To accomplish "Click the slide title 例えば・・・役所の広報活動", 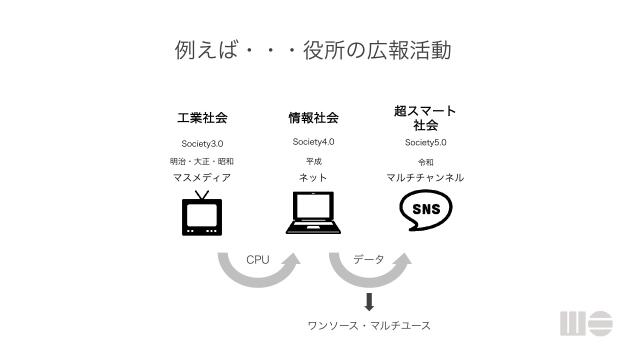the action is point(313,49).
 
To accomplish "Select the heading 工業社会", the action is point(202,117).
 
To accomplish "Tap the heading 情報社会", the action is point(313,117).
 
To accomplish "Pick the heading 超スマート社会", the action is point(425,118).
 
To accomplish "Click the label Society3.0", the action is point(202,144).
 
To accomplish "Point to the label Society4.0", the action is point(313,142).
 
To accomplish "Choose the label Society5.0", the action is point(425,142).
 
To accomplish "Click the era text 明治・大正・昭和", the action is point(202,161).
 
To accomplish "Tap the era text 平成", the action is point(313,160).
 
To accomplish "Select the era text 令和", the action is point(425,160).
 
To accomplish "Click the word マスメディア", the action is point(202,178).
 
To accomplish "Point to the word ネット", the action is point(313,178).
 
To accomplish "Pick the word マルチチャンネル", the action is point(425,177).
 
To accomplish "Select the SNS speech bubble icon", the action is point(425,210).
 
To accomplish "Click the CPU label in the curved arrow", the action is point(258,260).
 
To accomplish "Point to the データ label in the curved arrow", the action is point(369,260).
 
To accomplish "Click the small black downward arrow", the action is point(369,302).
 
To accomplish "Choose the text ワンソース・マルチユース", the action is point(369,327).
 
